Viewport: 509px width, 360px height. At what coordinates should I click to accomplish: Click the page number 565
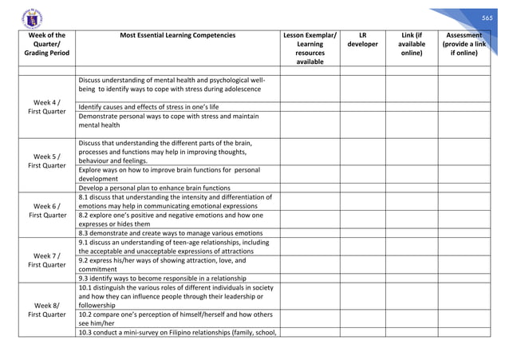coord(487,17)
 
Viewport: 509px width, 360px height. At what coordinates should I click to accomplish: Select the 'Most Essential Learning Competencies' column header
coord(177,36)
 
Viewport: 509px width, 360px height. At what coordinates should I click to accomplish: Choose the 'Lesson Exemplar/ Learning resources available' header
coord(310,49)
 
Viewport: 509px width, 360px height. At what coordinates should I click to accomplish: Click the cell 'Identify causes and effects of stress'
coord(149,107)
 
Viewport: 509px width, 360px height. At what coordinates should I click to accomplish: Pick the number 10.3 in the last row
coord(87,332)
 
